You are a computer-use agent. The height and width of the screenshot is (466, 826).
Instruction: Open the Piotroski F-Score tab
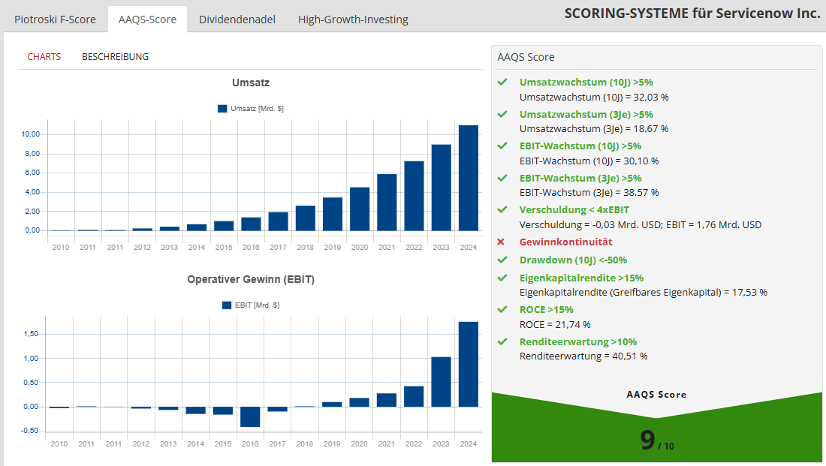tap(55, 20)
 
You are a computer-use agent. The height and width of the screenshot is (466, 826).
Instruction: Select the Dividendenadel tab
tap(237, 20)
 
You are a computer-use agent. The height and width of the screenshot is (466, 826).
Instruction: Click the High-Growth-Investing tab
tap(353, 20)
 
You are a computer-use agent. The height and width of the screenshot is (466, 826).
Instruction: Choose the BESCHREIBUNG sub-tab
tap(115, 56)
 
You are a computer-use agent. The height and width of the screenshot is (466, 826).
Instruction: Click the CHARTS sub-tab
tap(44, 56)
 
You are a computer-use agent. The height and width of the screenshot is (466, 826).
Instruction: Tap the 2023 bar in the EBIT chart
tap(441, 382)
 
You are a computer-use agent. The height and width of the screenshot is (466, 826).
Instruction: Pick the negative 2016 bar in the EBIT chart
tap(251, 416)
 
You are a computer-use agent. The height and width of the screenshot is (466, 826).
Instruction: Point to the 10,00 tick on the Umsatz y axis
tap(31, 134)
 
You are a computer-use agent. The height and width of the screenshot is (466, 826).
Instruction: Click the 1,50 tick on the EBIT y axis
tap(30, 334)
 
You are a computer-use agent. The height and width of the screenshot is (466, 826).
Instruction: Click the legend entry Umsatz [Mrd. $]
tap(250, 109)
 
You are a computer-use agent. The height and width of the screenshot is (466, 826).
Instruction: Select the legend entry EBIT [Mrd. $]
tap(251, 305)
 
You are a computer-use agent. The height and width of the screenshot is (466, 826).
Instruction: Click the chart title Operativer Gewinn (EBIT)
tap(251, 279)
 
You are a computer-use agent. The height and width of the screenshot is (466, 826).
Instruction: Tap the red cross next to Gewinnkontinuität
tap(502, 242)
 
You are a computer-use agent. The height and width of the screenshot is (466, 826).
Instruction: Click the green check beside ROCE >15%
tap(502, 309)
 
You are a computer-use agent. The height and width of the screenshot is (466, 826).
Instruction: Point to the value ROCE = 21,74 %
tap(555, 325)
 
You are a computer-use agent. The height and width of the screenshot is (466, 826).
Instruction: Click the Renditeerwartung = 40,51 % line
tap(583, 356)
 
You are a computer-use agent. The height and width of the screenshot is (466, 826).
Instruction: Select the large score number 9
tap(648, 440)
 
